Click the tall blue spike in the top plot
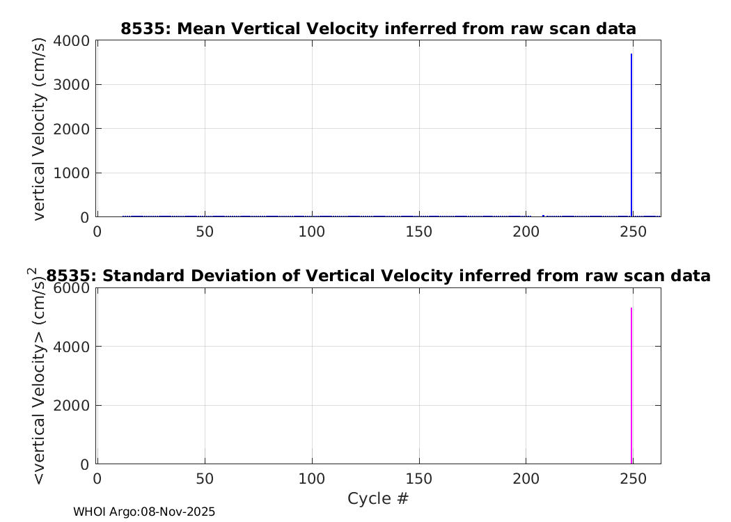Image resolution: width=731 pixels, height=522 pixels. [631, 135]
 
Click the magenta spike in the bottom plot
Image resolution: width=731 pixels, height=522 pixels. [631, 386]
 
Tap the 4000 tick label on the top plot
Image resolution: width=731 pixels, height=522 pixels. [71, 41]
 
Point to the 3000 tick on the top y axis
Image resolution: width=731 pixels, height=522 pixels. [71, 85]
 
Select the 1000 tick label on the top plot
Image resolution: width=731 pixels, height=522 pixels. [71, 173]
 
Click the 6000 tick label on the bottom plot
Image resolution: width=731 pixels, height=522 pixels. [71, 288]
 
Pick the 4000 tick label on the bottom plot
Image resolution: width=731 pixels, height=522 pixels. [71, 347]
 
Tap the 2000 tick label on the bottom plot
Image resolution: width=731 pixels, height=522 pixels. [71, 406]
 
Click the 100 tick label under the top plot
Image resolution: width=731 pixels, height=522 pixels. [311, 232]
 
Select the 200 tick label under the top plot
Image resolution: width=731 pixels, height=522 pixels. [526, 232]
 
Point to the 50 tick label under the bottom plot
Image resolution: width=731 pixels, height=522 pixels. [205, 479]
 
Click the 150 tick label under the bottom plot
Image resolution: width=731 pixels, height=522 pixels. [418, 479]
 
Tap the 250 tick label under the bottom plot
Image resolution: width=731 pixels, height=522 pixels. [633, 479]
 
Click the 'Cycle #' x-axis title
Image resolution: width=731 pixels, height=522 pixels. [378, 499]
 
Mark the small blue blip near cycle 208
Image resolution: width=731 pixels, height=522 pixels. [543, 216]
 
